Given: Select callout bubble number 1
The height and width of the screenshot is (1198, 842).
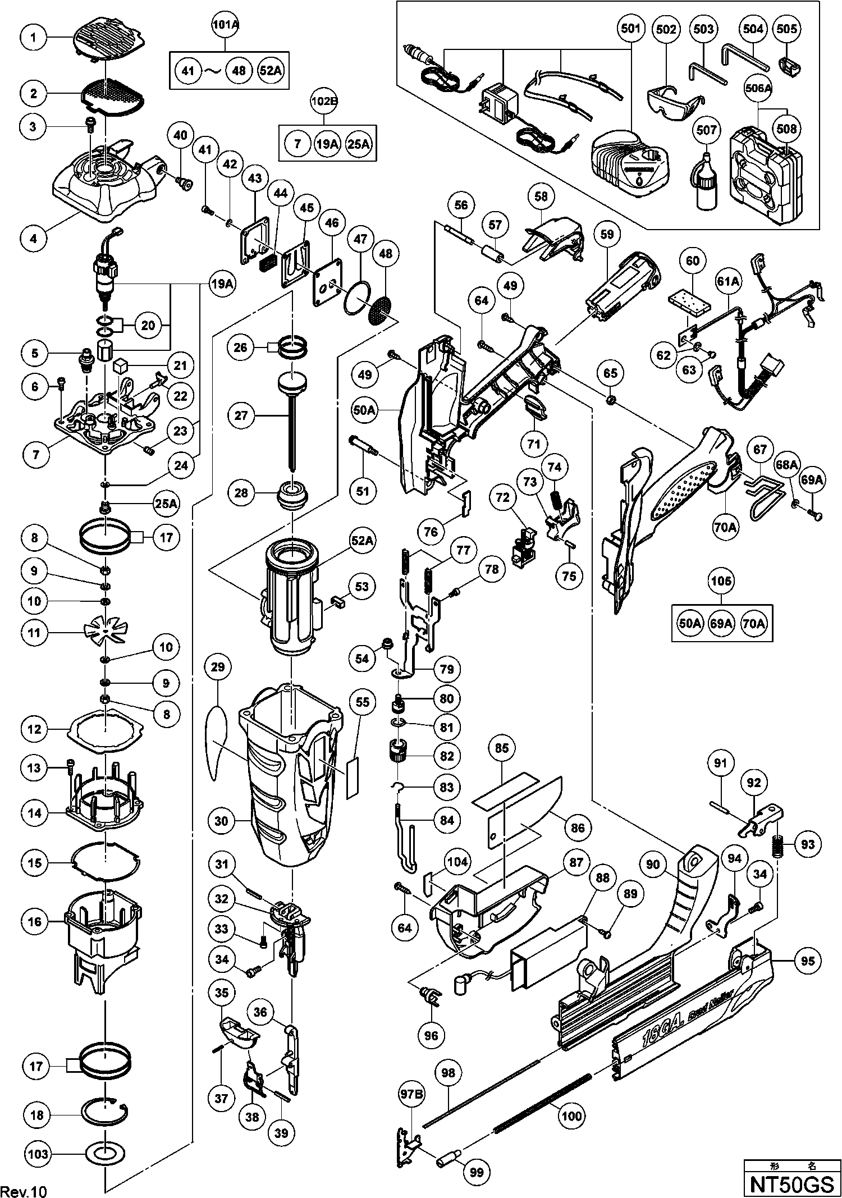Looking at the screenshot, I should click(x=34, y=37).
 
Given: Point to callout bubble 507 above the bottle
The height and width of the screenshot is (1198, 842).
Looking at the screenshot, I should click(x=706, y=130).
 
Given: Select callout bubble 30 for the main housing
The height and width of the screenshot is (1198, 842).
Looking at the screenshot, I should click(x=222, y=821).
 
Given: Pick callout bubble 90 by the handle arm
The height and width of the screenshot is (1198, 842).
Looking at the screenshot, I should click(x=652, y=865).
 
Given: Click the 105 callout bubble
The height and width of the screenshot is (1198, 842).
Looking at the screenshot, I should click(x=721, y=581).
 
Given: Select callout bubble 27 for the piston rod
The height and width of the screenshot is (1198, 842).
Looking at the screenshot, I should click(x=242, y=416).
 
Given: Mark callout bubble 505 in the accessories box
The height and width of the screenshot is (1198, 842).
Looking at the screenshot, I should click(x=787, y=29).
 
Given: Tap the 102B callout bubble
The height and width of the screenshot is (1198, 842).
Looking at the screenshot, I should click(x=324, y=103).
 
